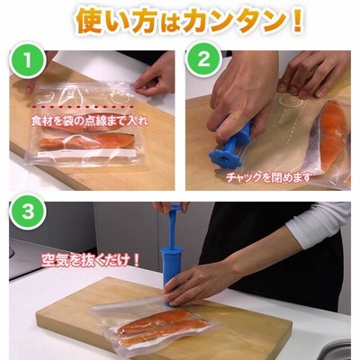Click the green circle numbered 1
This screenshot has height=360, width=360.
click(x=28, y=60)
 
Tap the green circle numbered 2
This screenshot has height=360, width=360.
click(x=203, y=60)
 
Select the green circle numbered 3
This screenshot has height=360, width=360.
click(x=28, y=211)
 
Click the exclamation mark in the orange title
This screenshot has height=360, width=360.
click(x=297, y=21)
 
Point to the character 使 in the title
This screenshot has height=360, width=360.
click(x=89, y=21)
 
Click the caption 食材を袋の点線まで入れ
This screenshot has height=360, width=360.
click(x=90, y=121)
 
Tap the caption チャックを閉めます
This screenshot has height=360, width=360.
click(x=268, y=177)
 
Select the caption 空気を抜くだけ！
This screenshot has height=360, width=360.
click(x=91, y=260)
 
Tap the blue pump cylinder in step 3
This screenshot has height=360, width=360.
click(x=171, y=272)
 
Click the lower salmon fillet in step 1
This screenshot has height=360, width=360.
click(x=87, y=141)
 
